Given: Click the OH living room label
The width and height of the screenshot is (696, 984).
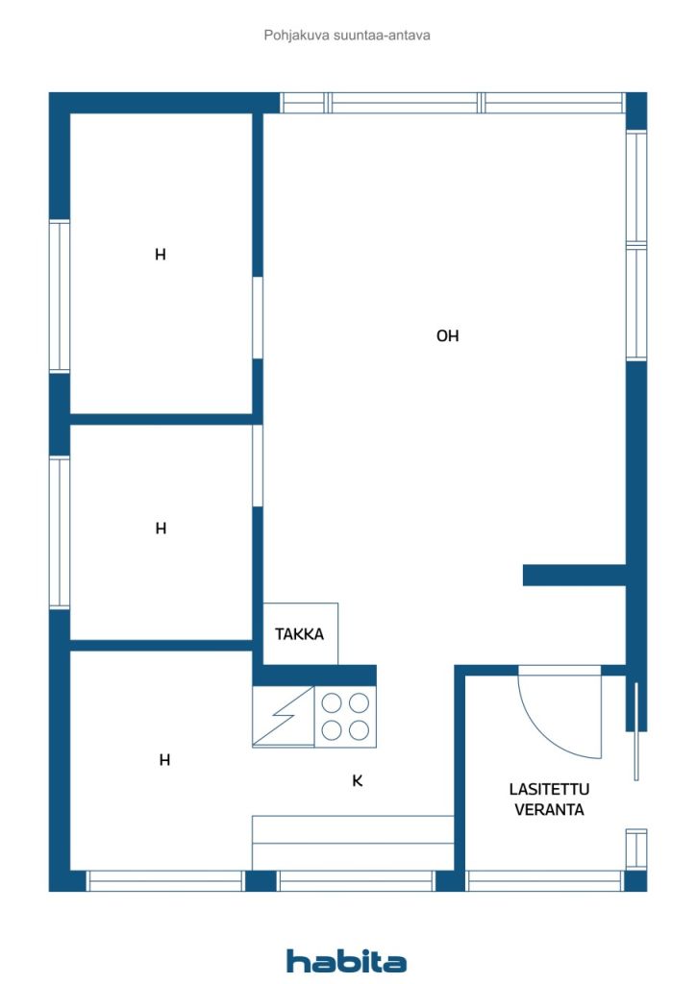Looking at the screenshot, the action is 447,335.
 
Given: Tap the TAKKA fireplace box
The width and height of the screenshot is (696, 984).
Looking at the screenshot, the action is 301,634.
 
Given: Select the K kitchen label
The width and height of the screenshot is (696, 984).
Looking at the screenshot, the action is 357,780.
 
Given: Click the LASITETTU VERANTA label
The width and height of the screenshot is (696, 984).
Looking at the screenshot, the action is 549,799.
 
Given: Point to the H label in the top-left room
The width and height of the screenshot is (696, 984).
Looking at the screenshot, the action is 161,254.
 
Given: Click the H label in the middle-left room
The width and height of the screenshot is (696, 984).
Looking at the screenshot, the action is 161,529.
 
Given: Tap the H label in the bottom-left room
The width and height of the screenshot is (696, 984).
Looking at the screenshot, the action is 164,760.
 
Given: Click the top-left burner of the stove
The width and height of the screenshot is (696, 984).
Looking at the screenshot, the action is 332,702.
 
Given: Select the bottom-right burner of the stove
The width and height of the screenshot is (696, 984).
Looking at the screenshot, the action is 359,730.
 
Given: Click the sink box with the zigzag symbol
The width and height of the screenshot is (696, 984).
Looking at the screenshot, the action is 283,716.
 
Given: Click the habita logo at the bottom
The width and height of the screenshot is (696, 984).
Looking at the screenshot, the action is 346,961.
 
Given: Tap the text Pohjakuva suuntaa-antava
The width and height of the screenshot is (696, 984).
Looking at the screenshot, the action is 347,36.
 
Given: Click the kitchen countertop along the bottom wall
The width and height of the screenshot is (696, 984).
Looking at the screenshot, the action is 353,843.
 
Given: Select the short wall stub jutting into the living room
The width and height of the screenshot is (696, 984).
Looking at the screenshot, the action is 574,575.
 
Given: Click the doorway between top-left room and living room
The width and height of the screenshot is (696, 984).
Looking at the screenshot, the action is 258,317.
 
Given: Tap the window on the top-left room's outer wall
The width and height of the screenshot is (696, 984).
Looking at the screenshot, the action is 60,296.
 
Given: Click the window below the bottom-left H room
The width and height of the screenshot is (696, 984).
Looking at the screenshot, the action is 165,880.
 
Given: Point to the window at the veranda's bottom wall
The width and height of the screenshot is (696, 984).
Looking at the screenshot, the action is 545,880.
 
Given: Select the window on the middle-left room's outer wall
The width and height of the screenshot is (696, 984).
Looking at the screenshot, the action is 60,532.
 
